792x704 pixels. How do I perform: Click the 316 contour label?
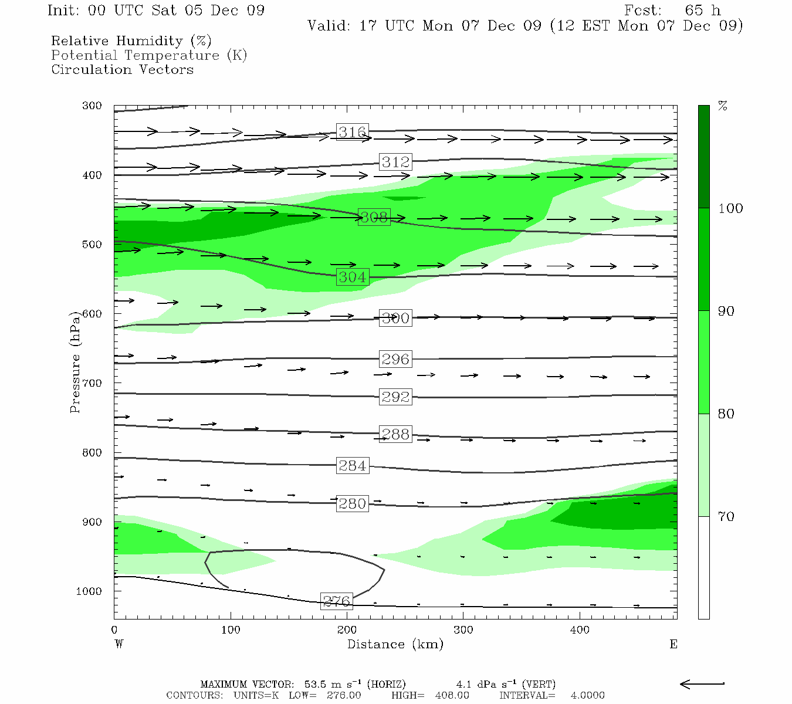click(352, 132)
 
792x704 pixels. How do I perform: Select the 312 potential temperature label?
click(395, 162)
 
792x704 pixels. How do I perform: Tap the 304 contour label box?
click(352, 277)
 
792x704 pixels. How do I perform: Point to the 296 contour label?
click(395, 359)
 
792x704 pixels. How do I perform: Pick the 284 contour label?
click(352, 466)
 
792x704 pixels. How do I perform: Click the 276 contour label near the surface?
click(337, 601)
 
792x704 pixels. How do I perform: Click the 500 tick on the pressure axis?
click(92, 245)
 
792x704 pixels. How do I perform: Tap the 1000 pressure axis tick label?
click(89, 591)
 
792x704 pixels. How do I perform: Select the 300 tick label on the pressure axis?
click(92, 106)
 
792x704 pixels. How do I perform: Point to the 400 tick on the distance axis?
click(580, 630)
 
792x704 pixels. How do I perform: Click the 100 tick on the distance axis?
click(231, 630)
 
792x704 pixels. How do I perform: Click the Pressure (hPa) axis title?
click(75, 362)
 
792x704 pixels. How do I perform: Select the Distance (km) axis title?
click(395, 644)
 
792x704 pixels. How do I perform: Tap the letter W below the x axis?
click(119, 644)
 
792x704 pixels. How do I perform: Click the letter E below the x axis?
click(673, 644)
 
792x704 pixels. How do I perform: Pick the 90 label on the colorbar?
click(726, 312)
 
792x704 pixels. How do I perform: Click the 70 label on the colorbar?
click(726, 517)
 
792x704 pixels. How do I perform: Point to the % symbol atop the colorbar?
click(723, 106)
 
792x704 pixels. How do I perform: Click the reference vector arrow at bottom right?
click(702, 683)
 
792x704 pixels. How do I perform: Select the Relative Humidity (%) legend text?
click(131, 41)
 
